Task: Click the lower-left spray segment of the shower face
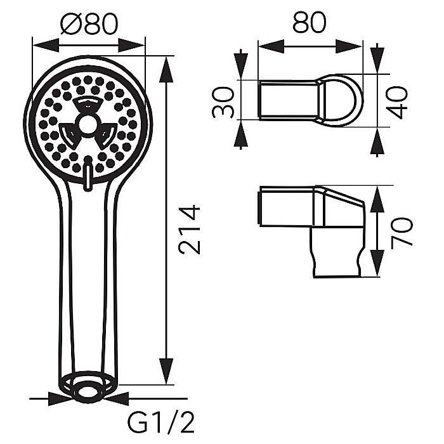[x=69, y=134]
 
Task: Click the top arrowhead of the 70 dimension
[x=376, y=198]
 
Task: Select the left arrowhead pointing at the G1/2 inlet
[x=59, y=399]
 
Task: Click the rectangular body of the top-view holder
[x=289, y=100]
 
